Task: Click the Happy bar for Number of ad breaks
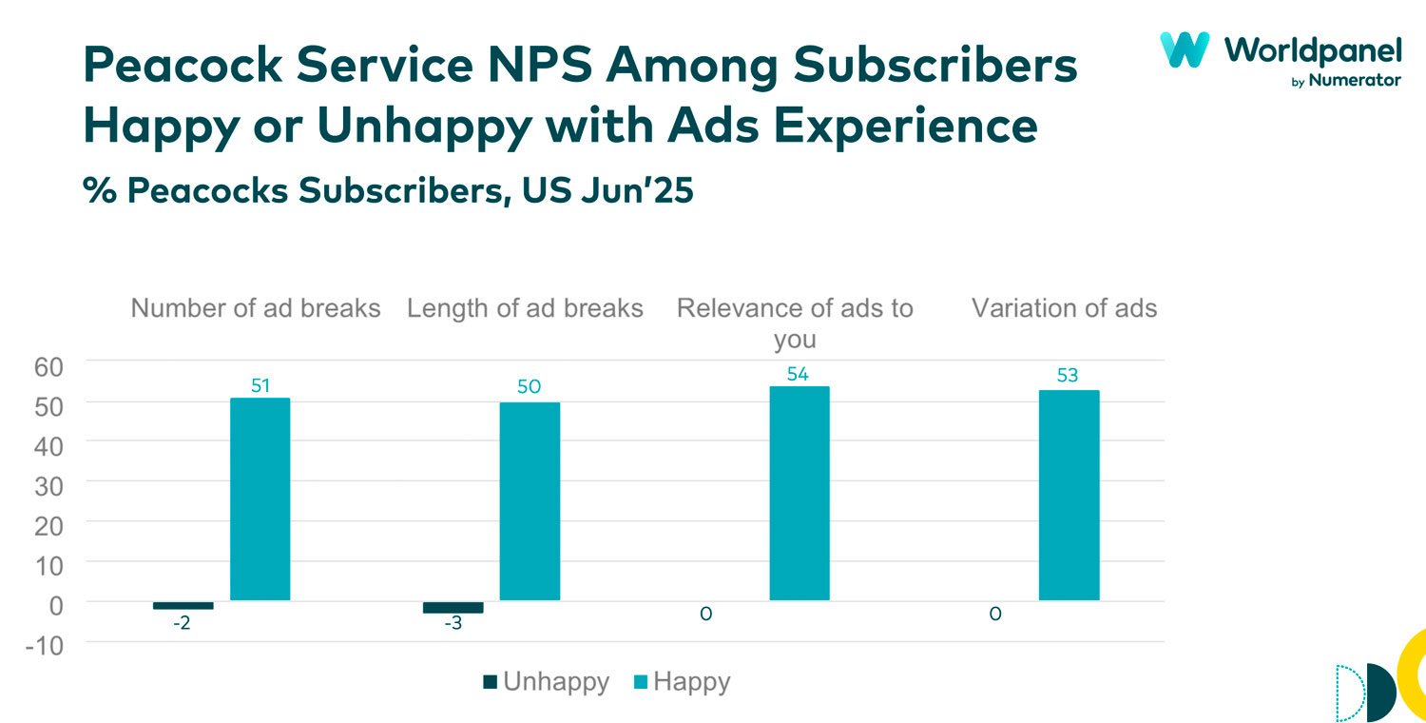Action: pos(260,499)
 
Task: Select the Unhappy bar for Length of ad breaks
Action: pos(453,607)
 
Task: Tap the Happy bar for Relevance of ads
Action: pos(799,494)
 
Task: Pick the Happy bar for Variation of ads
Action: pos(1069,496)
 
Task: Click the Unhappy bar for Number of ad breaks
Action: pos(183,605)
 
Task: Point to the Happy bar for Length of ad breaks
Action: pos(530,501)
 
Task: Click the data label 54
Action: pos(798,375)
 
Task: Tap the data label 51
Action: pos(260,385)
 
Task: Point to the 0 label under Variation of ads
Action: pos(994,615)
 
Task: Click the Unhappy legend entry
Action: pos(546,682)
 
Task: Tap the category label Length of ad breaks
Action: pos(525,308)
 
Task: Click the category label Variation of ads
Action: pos(1064,308)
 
